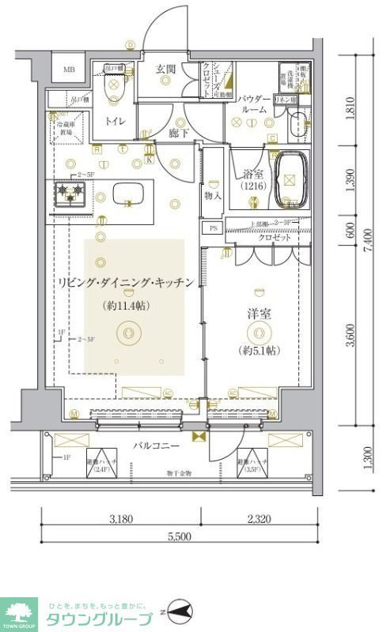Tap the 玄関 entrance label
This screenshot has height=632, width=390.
(165, 70)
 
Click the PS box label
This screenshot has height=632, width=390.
(212, 228)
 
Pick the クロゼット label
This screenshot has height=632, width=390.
(274, 238)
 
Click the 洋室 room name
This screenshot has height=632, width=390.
(259, 314)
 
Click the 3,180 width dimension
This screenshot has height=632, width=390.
(121, 519)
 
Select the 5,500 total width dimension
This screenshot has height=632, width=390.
(179, 536)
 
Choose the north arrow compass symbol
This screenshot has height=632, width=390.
(179, 612)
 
